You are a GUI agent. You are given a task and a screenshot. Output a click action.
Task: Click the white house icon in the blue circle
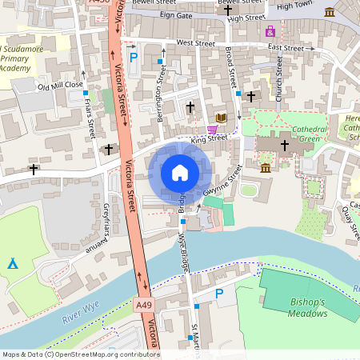click(x=180, y=172)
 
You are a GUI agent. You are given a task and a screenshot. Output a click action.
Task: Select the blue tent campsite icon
click(x=13, y=263)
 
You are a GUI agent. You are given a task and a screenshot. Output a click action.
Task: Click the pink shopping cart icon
click(x=212, y=130)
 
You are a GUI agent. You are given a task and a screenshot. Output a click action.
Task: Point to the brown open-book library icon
click(x=222, y=118)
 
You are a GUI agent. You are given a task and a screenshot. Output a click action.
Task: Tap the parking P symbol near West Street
click(x=134, y=57)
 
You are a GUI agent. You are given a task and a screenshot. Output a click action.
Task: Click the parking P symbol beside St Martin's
click(x=219, y=294)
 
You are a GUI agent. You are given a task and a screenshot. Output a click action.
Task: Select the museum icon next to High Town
click(x=330, y=11)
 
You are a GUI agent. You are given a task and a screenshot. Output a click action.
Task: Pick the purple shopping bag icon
click(x=270, y=31)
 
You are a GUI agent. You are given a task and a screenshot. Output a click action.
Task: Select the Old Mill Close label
click(x=60, y=85)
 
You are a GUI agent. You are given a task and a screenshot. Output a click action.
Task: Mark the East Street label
click(x=286, y=48)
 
